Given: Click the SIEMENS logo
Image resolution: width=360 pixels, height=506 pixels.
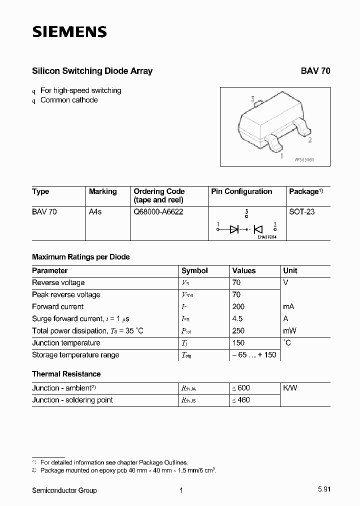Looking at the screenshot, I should pyautogui.click(x=69, y=32).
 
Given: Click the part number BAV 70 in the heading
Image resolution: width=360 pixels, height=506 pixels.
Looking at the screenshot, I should pyautogui.click(x=315, y=71).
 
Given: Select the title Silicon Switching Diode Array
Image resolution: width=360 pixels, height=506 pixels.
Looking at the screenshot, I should pyautogui.click(x=92, y=71).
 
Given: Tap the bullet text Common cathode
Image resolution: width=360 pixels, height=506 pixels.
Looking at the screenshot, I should pyautogui.click(x=69, y=100).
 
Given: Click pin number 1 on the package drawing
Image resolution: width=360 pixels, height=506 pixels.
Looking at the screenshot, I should pyautogui.click(x=281, y=156).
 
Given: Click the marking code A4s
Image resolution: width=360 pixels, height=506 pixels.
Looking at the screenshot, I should pyautogui.click(x=95, y=211).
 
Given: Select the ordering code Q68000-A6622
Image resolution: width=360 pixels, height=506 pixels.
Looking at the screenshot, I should pyautogui.click(x=158, y=211).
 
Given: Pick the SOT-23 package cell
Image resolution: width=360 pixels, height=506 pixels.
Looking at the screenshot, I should pyautogui.click(x=302, y=211).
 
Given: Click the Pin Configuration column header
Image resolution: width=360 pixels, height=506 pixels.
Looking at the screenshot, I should pyautogui.click(x=241, y=191).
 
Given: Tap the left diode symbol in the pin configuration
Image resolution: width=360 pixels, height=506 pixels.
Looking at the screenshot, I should pyautogui.click(x=234, y=229).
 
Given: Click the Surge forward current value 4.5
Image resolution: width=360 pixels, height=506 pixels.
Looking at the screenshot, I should pyautogui.click(x=237, y=318).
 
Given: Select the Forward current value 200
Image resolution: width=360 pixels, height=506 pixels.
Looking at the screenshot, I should pyautogui.click(x=238, y=306).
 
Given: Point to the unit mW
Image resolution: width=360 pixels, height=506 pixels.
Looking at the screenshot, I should pyautogui.click(x=289, y=330).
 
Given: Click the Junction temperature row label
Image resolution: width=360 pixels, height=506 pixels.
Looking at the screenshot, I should pyautogui.click(x=66, y=343).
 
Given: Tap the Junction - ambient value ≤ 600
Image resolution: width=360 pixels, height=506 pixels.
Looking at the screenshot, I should pyautogui.click(x=240, y=388).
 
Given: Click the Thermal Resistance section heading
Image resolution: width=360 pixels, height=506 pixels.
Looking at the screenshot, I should pyautogui.click(x=66, y=374).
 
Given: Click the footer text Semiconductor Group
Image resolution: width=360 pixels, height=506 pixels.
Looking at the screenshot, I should pyautogui.click(x=64, y=490).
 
